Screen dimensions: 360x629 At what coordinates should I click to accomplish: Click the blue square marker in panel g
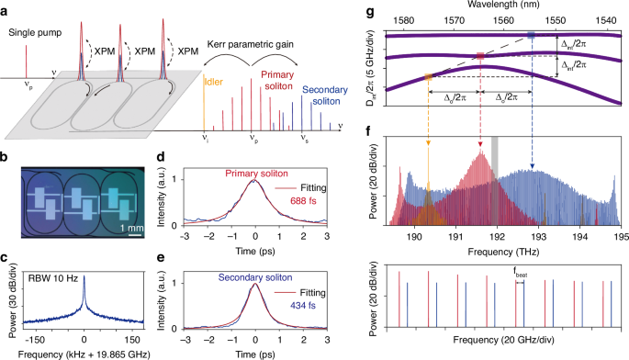click(532, 35)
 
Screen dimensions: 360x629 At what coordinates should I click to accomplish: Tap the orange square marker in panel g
click(428, 77)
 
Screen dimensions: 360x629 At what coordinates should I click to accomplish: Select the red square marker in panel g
click(480, 57)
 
